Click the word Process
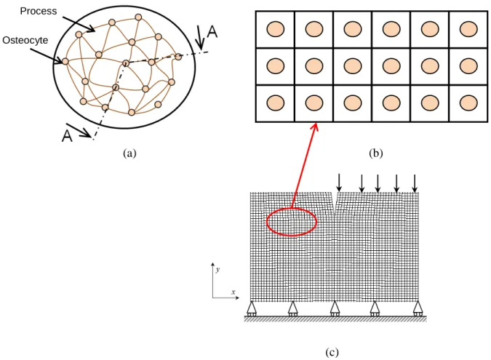point(39,11)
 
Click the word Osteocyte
point(25,41)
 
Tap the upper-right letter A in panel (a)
point(212,32)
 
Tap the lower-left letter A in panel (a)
point(67,136)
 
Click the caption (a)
point(129,153)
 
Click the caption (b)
point(376,153)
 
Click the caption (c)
point(332,353)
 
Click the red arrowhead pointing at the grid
point(315,127)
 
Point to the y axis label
point(218,269)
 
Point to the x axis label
point(233,292)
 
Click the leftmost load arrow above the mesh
point(339,183)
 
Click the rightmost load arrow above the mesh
point(415,183)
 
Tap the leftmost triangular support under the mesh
point(252,308)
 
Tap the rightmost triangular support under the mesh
point(418,308)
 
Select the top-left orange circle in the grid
point(276,29)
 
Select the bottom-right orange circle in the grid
point(468,103)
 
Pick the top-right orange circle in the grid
point(468,29)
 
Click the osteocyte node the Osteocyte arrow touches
point(65,61)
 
